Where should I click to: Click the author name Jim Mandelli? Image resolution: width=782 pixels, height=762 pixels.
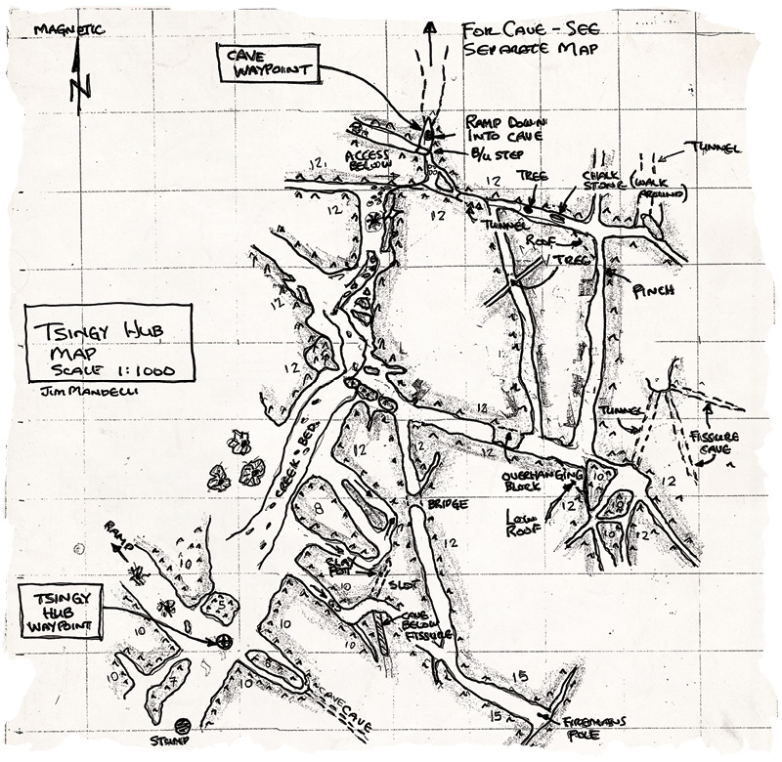74,390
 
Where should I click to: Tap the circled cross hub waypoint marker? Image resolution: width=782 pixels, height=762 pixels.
225,641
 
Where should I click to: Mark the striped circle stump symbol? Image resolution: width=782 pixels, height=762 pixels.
182,726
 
